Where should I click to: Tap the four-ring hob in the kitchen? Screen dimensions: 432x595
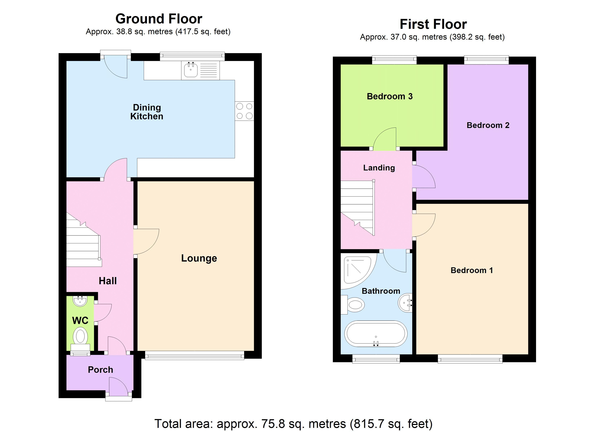[x=244, y=111]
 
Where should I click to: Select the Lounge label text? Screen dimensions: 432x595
[x=199, y=258]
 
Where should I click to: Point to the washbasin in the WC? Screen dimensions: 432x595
[x=80, y=301]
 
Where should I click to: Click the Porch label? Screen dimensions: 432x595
[x=100, y=370]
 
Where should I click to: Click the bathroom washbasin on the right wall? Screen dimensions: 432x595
[x=405, y=303]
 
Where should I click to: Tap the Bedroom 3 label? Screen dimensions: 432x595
[x=390, y=96]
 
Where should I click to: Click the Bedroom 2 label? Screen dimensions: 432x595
[x=488, y=125]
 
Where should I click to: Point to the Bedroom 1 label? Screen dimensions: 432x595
[x=471, y=270]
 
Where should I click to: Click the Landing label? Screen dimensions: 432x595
[x=379, y=168]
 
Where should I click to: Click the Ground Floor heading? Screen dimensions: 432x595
[x=159, y=19]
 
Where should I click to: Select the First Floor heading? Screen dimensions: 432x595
[x=433, y=24]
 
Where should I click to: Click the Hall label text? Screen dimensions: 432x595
[x=108, y=281]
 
